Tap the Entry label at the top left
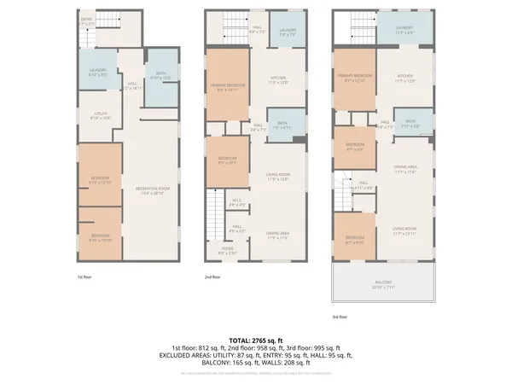pyautogui.click(x=87, y=21)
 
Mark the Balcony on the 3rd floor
pyautogui.click(x=382, y=284)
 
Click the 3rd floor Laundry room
pyautogui.click(x=404, y=32)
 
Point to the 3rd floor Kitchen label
pyautogui.click(x=405, y=79)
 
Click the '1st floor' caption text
pyautogui.click(x=84, y=277)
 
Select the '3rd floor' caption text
pyautogui.click(x=340, y=317)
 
